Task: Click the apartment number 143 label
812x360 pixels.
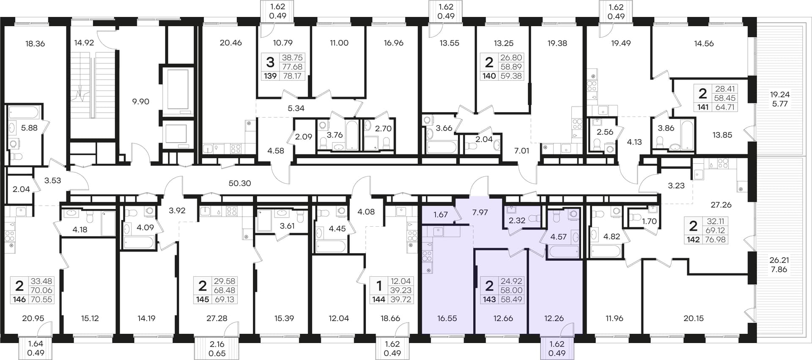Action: coord(489,300)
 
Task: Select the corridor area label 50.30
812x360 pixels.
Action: coord(240,183)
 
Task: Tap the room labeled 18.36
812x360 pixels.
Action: coord(35,44)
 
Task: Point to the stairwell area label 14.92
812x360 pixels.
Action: coord(84,43)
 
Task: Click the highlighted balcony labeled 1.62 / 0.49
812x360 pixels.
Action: coord(557,349)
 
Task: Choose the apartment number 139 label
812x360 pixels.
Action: coord(270,76)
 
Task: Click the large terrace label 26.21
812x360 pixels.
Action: coord(779,260)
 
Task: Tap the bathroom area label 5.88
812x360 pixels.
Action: coord(29,128)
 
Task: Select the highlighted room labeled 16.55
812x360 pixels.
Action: coord(447,318)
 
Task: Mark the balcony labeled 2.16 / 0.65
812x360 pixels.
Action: coord(217,349)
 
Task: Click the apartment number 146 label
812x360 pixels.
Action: coord(19,300)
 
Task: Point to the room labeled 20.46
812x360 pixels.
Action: coord(231,43)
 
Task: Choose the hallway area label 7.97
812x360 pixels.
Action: coord(480,212)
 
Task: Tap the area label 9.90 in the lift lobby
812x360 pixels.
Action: coord(140,102)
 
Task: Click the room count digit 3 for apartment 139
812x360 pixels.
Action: coord(270,63)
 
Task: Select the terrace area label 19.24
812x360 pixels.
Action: coord(780,94)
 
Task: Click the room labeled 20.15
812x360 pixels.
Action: coord(694,318)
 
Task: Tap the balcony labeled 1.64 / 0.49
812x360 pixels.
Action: coord(36,349)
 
